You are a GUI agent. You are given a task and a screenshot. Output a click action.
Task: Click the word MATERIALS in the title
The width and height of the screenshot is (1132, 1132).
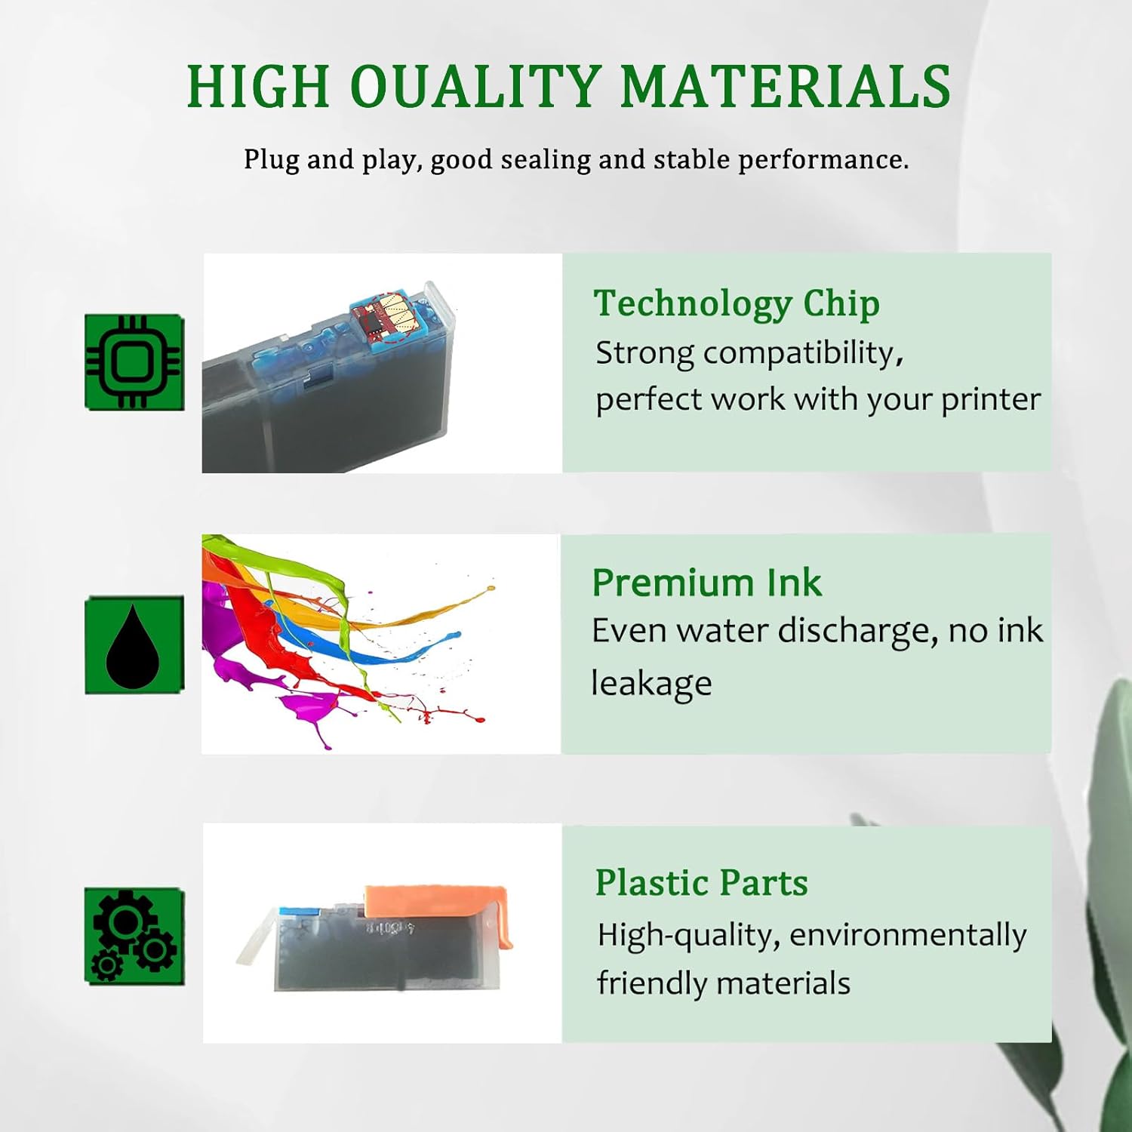785,86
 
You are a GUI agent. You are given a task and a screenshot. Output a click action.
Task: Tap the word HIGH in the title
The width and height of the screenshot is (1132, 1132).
258,86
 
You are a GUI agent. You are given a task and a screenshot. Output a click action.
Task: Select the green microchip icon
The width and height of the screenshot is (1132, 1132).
134,363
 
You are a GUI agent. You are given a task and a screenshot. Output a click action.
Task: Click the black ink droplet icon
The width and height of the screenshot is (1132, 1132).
134,645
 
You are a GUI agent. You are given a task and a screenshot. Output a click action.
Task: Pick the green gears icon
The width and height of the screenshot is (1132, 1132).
134,937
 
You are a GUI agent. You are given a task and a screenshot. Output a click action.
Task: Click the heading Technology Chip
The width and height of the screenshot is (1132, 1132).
736,303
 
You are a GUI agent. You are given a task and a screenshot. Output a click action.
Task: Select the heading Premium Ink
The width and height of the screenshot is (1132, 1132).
706,583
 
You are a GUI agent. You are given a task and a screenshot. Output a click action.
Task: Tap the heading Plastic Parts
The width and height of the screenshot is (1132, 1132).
701,882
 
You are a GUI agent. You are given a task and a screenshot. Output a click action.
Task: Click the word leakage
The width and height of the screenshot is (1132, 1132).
651,684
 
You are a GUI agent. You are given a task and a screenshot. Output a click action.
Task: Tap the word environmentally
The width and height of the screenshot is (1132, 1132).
908,936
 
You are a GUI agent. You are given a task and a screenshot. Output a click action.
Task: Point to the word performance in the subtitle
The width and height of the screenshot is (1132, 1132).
823,160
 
